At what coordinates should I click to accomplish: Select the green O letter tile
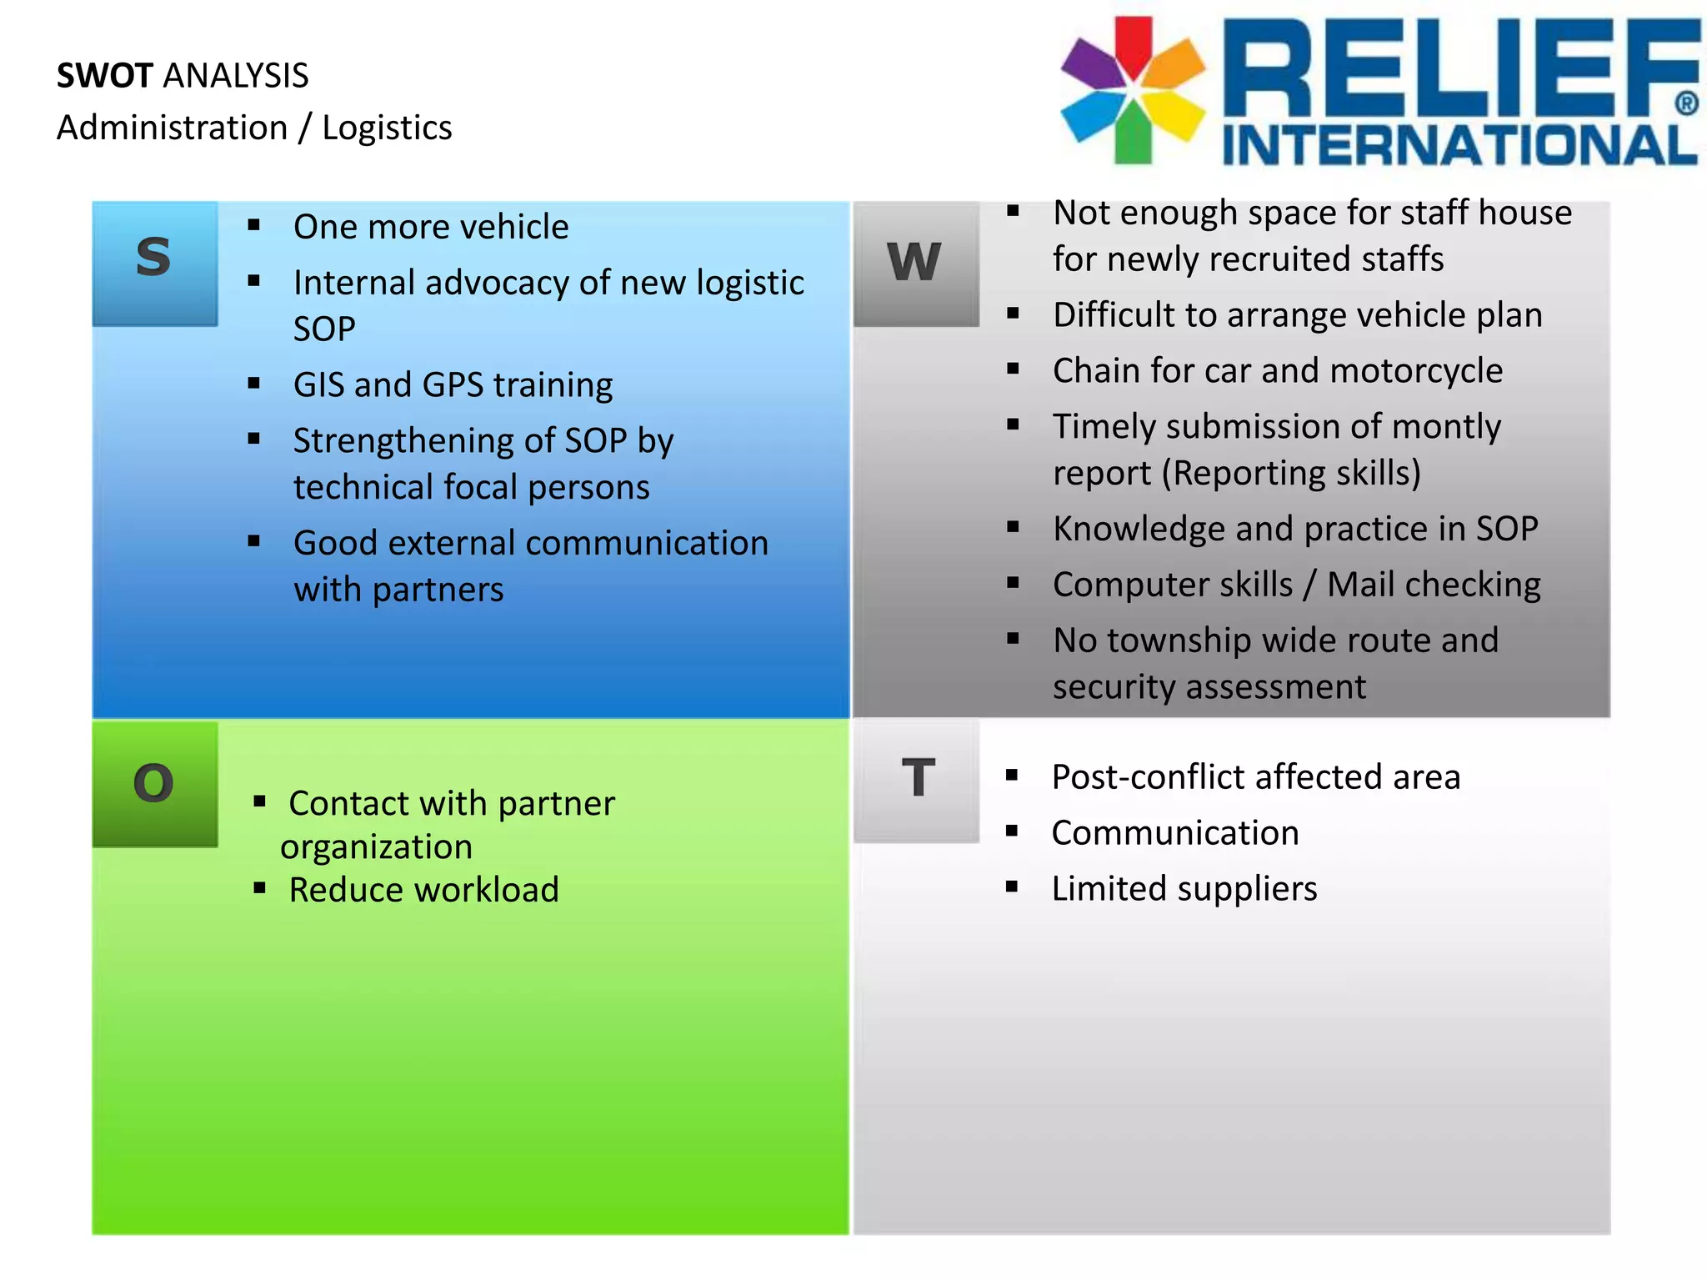point(154,784)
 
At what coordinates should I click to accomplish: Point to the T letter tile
point(917,780)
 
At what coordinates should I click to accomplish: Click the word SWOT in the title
point(105,76)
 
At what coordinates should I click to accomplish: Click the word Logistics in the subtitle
point(387,128)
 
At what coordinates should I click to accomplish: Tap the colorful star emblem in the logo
point(1133,89)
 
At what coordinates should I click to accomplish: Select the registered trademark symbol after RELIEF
point(1685,104)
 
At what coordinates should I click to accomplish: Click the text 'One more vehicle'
point(431,227)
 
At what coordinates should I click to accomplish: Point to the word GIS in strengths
point(318,385)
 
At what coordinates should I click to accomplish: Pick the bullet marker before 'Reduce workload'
point(259,888)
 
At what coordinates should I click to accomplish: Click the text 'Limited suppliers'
point(1184,889)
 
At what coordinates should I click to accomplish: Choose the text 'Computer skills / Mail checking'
point(1296,585)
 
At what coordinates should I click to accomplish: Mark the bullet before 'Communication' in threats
point(1012,831)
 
